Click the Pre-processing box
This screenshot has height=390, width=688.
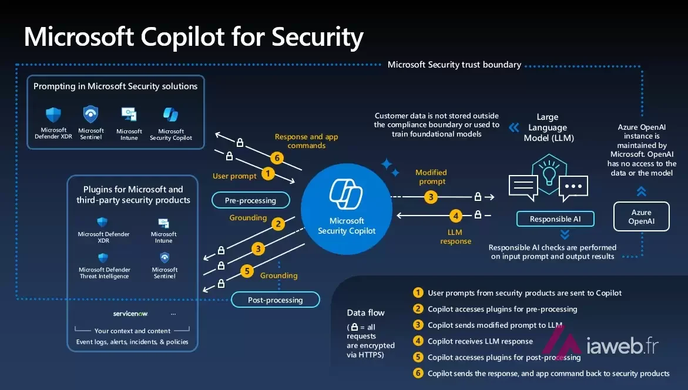pos(250,200)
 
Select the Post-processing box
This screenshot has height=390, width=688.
pos(275,300)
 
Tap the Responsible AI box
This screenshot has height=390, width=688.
pos(555,219)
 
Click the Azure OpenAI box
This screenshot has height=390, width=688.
pos(641,217)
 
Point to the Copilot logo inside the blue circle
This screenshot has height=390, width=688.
pos(346,194)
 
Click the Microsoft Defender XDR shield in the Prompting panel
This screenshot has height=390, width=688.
pos(53,115)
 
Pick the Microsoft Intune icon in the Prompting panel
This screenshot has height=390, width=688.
pos(129,115)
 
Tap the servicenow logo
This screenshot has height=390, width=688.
pos(130,314)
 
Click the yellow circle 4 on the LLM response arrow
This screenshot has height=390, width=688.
pos(456,216)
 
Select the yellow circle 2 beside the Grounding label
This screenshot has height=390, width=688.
pos(278,224)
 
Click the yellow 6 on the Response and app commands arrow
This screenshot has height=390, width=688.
pos(277,158)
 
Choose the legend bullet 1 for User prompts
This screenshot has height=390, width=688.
pos(418,292)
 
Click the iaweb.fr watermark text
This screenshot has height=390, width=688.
pos(622,346)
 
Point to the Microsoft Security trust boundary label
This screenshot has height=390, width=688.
pos(454,65)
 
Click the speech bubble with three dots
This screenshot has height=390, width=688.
pos(573,187)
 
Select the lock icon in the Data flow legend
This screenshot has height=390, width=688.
pos(354,327)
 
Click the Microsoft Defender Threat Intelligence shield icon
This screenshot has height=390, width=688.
pos(103,257)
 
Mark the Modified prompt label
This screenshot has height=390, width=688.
pos(431,177)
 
